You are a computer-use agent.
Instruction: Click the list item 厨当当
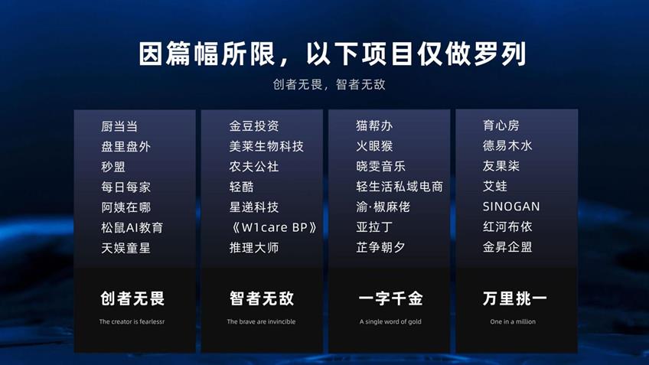click(x=119, y=126)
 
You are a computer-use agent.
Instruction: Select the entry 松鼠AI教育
click(x=132, y=227)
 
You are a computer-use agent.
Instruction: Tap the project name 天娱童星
click(x=126, y=248)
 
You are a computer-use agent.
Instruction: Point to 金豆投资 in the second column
click(x=254, y=125)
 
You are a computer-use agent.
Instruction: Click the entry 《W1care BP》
click(x=272, y=227)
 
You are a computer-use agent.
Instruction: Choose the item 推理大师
click(x=254, y=247)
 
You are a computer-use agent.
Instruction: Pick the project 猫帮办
click(x=374, y=125)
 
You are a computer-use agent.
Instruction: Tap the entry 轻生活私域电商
click(x=400, y=186)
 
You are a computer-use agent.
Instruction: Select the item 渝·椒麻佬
click(x=383, y=207)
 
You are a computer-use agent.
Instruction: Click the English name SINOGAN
click(x=511, y=207)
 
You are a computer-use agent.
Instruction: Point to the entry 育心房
click(x=501, y=125)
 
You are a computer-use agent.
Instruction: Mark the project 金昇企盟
click(x=507, y=247)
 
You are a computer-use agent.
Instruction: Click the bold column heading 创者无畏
click(x=132, y=298)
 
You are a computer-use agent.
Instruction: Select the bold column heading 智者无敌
click(x=262, y=298)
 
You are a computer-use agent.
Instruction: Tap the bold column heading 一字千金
click(x=391, y=298)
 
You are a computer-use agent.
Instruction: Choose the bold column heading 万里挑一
click(x=514, y=298)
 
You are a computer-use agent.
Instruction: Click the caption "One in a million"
click(x=513, y=321)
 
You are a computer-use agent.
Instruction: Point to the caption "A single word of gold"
click(x=390, y=321)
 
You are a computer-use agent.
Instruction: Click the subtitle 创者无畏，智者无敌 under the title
click(x=329, y=84)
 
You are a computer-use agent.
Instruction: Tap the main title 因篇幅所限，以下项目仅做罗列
click(x=332, y=54)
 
